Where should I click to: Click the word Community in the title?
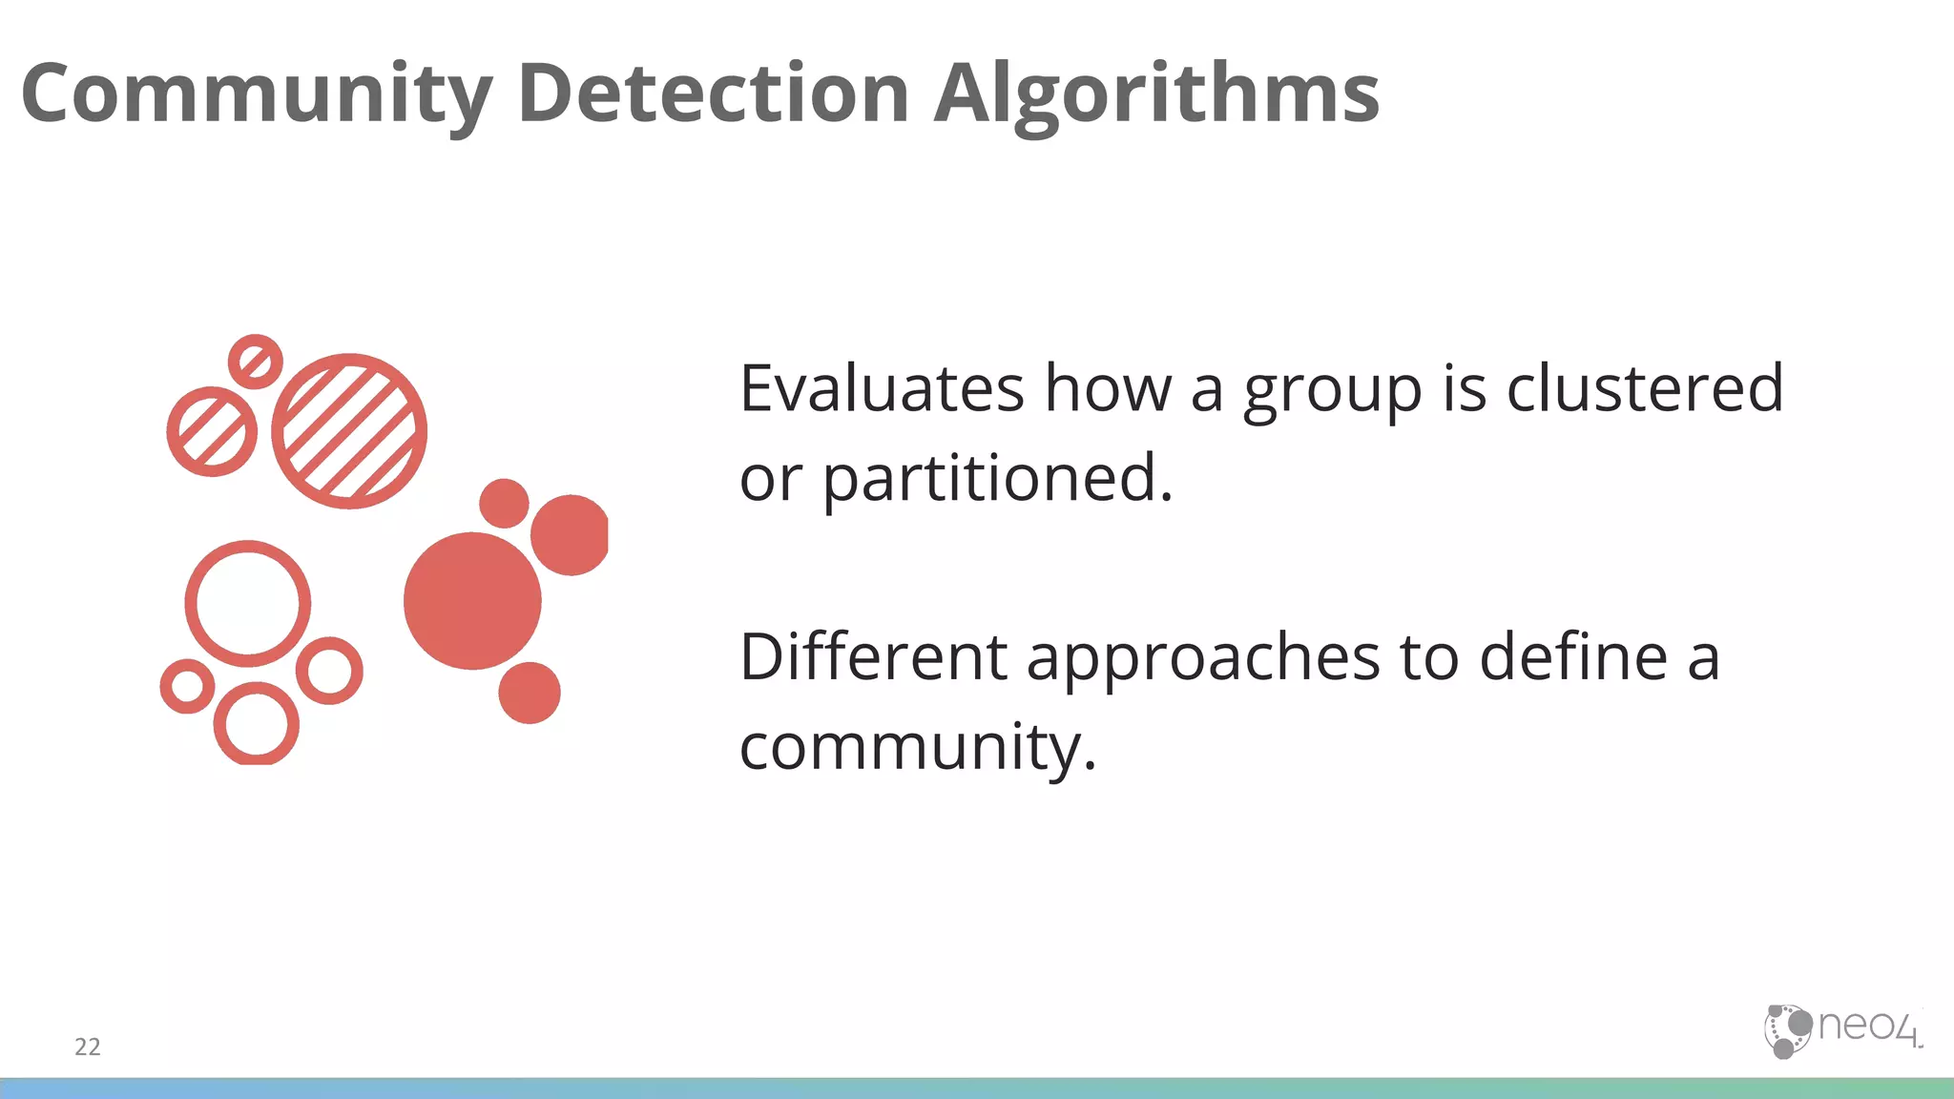pyautogui.click(x=256, y=93)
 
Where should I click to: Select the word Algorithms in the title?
pyautogui.click(x=1156, y=93)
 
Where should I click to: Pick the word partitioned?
pyautogui.click(x=997, y=478)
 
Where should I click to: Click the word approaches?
pyautogui.click(x=1203, y=657)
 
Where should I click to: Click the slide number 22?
pyautogui.click(x=88, y=1047)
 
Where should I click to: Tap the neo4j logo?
pyautogui.click(x=1841, y=1030)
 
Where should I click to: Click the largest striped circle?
pyautogui.click(x=349, y=431)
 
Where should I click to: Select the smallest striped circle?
pyautogui.click(x=255, y=362)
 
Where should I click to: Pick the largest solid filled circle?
pyautogui.click(x=472, y=601)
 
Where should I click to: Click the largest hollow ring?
pyautogui.click(x=248, y=604)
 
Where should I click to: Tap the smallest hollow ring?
pyautogui.click(x=187, y=686)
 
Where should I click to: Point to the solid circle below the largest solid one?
pyautogui.click(x=530, y=693)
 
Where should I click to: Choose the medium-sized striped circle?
pyautogui.click(x=212, y=431)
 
